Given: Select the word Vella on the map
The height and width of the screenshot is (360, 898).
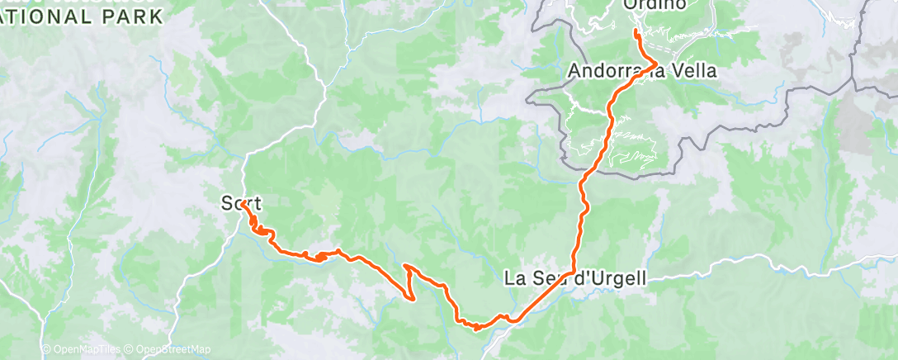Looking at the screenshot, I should coord(692,72).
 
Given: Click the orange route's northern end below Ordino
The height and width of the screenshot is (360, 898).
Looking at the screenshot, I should coord(636,32).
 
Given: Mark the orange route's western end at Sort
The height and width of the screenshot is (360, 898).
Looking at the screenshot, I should coord(243,204).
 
